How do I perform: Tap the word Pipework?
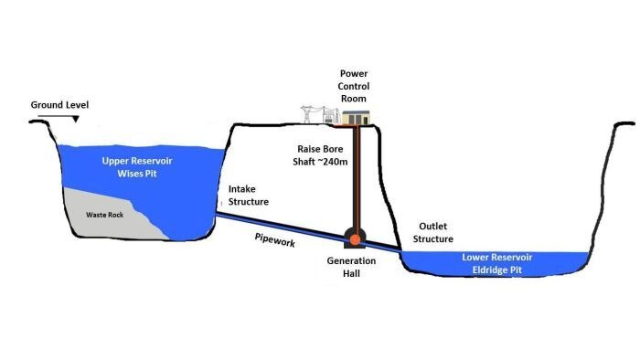coord(274,242)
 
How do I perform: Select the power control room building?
coord(357,118)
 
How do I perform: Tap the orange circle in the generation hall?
coord(353,239)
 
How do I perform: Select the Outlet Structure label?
coord(435,232)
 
